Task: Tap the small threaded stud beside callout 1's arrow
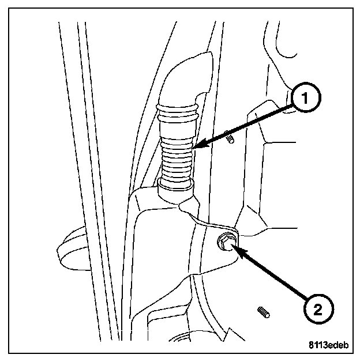tap(230, 139)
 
